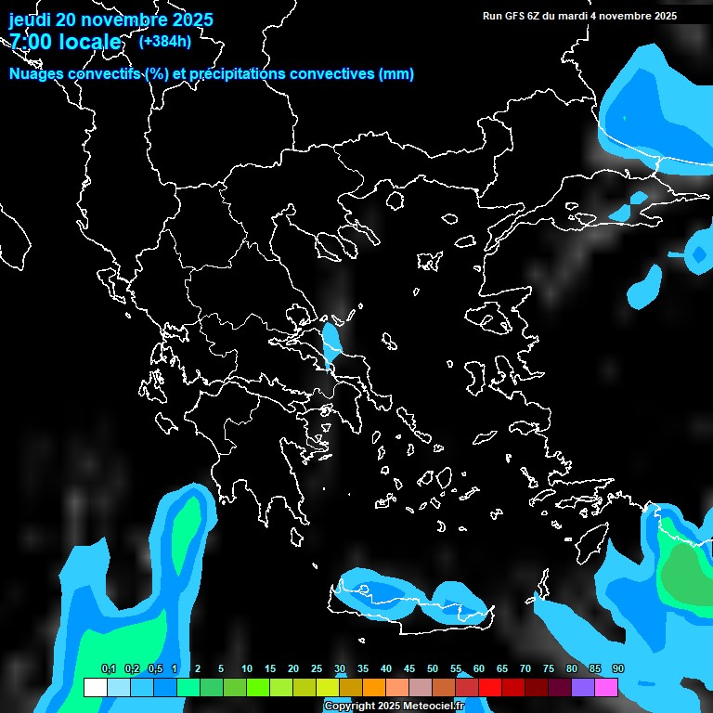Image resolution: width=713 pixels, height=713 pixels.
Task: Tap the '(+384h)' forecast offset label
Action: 165,41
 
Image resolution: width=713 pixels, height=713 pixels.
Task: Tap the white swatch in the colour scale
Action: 95,687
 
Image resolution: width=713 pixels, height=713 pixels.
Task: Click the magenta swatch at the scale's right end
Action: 606,687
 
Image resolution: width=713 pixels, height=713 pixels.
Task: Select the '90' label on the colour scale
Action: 618,669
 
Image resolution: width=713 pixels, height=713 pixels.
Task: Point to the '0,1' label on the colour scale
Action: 108,669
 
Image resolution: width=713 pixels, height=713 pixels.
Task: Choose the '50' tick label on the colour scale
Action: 433,669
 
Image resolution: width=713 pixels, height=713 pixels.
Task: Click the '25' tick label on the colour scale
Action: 317,669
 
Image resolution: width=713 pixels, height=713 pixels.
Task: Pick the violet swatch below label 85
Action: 583,687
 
